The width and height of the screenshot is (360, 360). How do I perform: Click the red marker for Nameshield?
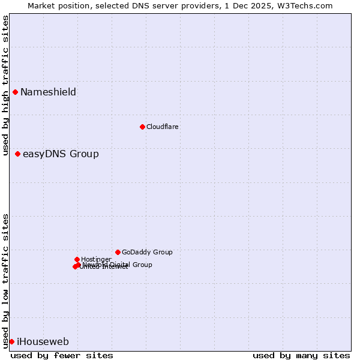[x=15, y=92]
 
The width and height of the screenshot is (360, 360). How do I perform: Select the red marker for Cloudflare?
[x=142, y=127]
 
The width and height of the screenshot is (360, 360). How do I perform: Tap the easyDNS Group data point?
[x=17, y=154]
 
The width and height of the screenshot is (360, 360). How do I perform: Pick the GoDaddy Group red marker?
[x=118, y=252]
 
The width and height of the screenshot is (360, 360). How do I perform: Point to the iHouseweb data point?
[x=11, y=341]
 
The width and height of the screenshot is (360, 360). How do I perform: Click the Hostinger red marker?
[x=77, y=259]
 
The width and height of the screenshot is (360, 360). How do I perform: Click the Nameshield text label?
[x=48, y=92]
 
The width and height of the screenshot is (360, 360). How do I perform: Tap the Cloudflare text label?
[x=163, y=127]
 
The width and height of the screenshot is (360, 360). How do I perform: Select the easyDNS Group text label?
[x=61, y=154]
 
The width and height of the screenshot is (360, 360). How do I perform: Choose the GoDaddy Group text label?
[x=147, y=252]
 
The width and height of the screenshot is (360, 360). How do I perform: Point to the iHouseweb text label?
[x=43, y=342]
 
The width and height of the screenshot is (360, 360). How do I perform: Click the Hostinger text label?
[x=96, y=259]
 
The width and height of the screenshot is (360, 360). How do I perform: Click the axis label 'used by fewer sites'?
[x=62, y=355]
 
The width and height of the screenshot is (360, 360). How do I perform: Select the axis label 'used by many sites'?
[x=301, y=355]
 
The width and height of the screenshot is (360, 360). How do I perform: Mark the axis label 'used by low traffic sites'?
[x=6, y=280]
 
